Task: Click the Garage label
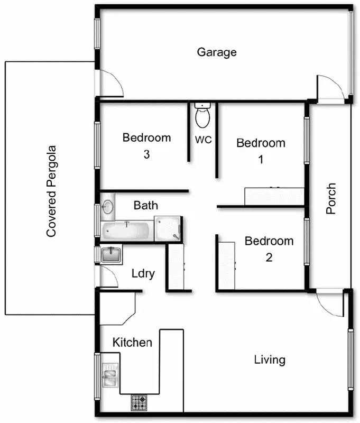(x=216, y=52)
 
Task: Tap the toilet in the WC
(x=202, y=116)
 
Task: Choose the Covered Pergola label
(x=51, y=191)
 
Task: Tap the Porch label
(x=331, y=199)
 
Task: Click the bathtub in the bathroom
(x=127, y=231)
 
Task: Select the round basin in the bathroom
(x=108, y=206)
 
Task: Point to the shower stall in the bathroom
(x=168, y=228)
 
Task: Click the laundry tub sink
(x=112, y=255)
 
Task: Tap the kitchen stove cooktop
(x=139, y=403)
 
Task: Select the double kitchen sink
(x=110, y=375)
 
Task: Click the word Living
(x=270, y=360)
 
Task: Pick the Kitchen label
(x=132, y=343)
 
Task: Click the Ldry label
(x=143, y=273)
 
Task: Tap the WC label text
(x=204, y=140)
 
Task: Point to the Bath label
(x=145, y=205)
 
